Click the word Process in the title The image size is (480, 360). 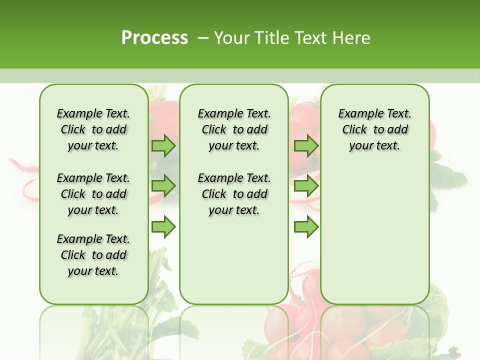154,37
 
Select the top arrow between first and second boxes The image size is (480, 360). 163,145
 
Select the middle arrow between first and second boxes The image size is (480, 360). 163,186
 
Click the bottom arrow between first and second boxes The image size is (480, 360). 163,227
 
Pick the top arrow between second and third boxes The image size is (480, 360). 305,145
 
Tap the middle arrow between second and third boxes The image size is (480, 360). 305,186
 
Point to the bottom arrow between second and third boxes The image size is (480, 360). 305,227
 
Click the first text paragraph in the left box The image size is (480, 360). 93,129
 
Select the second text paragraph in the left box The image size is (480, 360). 93,194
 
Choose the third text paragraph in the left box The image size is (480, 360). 93,255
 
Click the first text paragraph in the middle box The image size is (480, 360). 234,129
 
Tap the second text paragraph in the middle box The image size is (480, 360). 234,194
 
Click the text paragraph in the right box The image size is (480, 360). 374,129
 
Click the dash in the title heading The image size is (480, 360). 203,37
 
